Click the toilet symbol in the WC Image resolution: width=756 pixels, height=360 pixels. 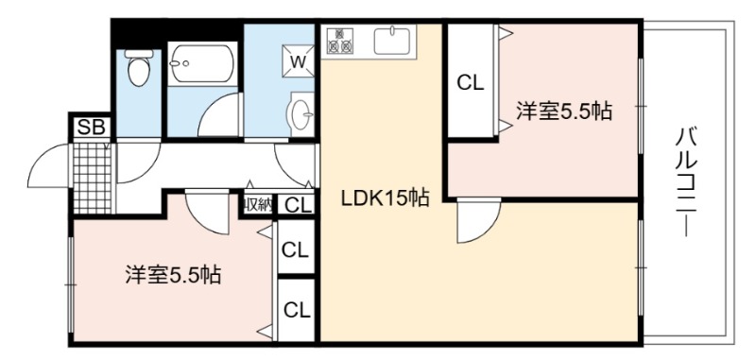[139, 67]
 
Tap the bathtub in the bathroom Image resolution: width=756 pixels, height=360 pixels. [202, 63]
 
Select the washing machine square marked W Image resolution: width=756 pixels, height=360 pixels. [298, 61]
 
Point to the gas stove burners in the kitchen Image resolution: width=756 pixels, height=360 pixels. [340, 41]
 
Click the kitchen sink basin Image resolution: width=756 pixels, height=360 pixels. [392, 41]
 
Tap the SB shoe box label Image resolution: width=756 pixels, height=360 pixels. [91, 129]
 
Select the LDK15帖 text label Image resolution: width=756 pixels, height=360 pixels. [385, 198]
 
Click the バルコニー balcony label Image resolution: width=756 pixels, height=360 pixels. [687, 181]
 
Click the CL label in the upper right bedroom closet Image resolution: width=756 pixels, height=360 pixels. [470, 83]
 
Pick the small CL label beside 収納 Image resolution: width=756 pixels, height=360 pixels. [298, 206]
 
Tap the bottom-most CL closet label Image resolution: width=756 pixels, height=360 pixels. [297, 311]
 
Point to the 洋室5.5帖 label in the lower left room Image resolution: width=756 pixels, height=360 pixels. [173, 275]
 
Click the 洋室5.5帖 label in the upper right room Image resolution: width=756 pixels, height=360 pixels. [563, 111]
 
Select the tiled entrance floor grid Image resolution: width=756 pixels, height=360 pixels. [93, 178]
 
